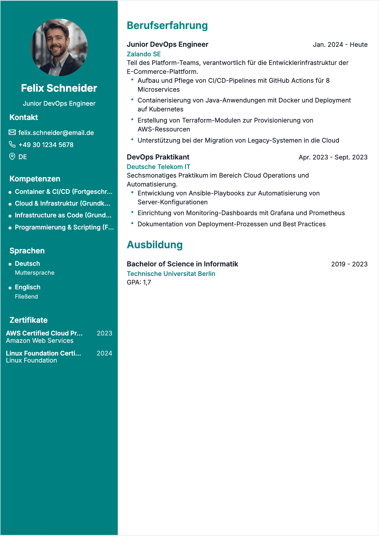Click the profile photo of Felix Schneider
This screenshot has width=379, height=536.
coord(59,47)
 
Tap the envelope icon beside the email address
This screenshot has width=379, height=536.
coord(12,132)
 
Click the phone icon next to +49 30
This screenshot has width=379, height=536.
coord(12,145)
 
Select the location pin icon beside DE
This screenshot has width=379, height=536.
coord(12,157)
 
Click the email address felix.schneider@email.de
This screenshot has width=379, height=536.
coord(56,133)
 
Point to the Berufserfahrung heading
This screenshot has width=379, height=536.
coord(167,25)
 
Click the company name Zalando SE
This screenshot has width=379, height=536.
coord(144,54)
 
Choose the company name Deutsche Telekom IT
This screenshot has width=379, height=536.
coord(158,167)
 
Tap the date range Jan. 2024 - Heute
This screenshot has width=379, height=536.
coord(340,45)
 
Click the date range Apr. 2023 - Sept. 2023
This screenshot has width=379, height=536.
coord(333,157)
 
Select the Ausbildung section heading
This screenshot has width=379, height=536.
coord(155,245)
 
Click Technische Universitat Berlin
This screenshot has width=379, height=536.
coord(171,274)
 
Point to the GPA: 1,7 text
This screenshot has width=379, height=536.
coord(139,282)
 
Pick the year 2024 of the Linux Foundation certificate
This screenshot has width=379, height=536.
coord(104,353)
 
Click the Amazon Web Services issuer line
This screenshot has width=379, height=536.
coord(40,341)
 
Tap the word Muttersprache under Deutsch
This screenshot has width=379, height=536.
coord(35,273)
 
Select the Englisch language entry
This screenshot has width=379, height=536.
coord(28,287)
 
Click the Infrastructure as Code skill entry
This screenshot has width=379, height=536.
coord(63,215)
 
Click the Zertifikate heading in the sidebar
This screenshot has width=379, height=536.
coord(29,320)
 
